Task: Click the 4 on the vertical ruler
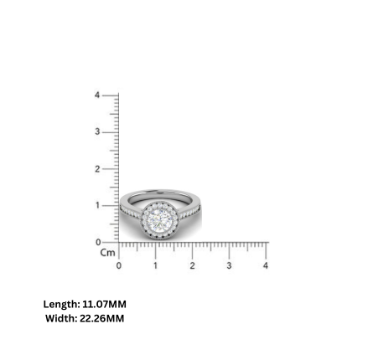[x=97, y=95]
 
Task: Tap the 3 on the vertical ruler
[x=97, y=131]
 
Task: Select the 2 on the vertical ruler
[x=97, y=168]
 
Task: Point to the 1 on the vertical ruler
[x=97, y=205]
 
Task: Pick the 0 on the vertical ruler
[x=97, y=242]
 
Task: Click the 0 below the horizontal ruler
[x=118, y=266]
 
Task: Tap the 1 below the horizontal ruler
[x=155, y=266]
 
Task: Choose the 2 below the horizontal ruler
[x=192, y=266]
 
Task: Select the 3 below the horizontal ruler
[x=229, y=266]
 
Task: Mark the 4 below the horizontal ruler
[x=266, y=266]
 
